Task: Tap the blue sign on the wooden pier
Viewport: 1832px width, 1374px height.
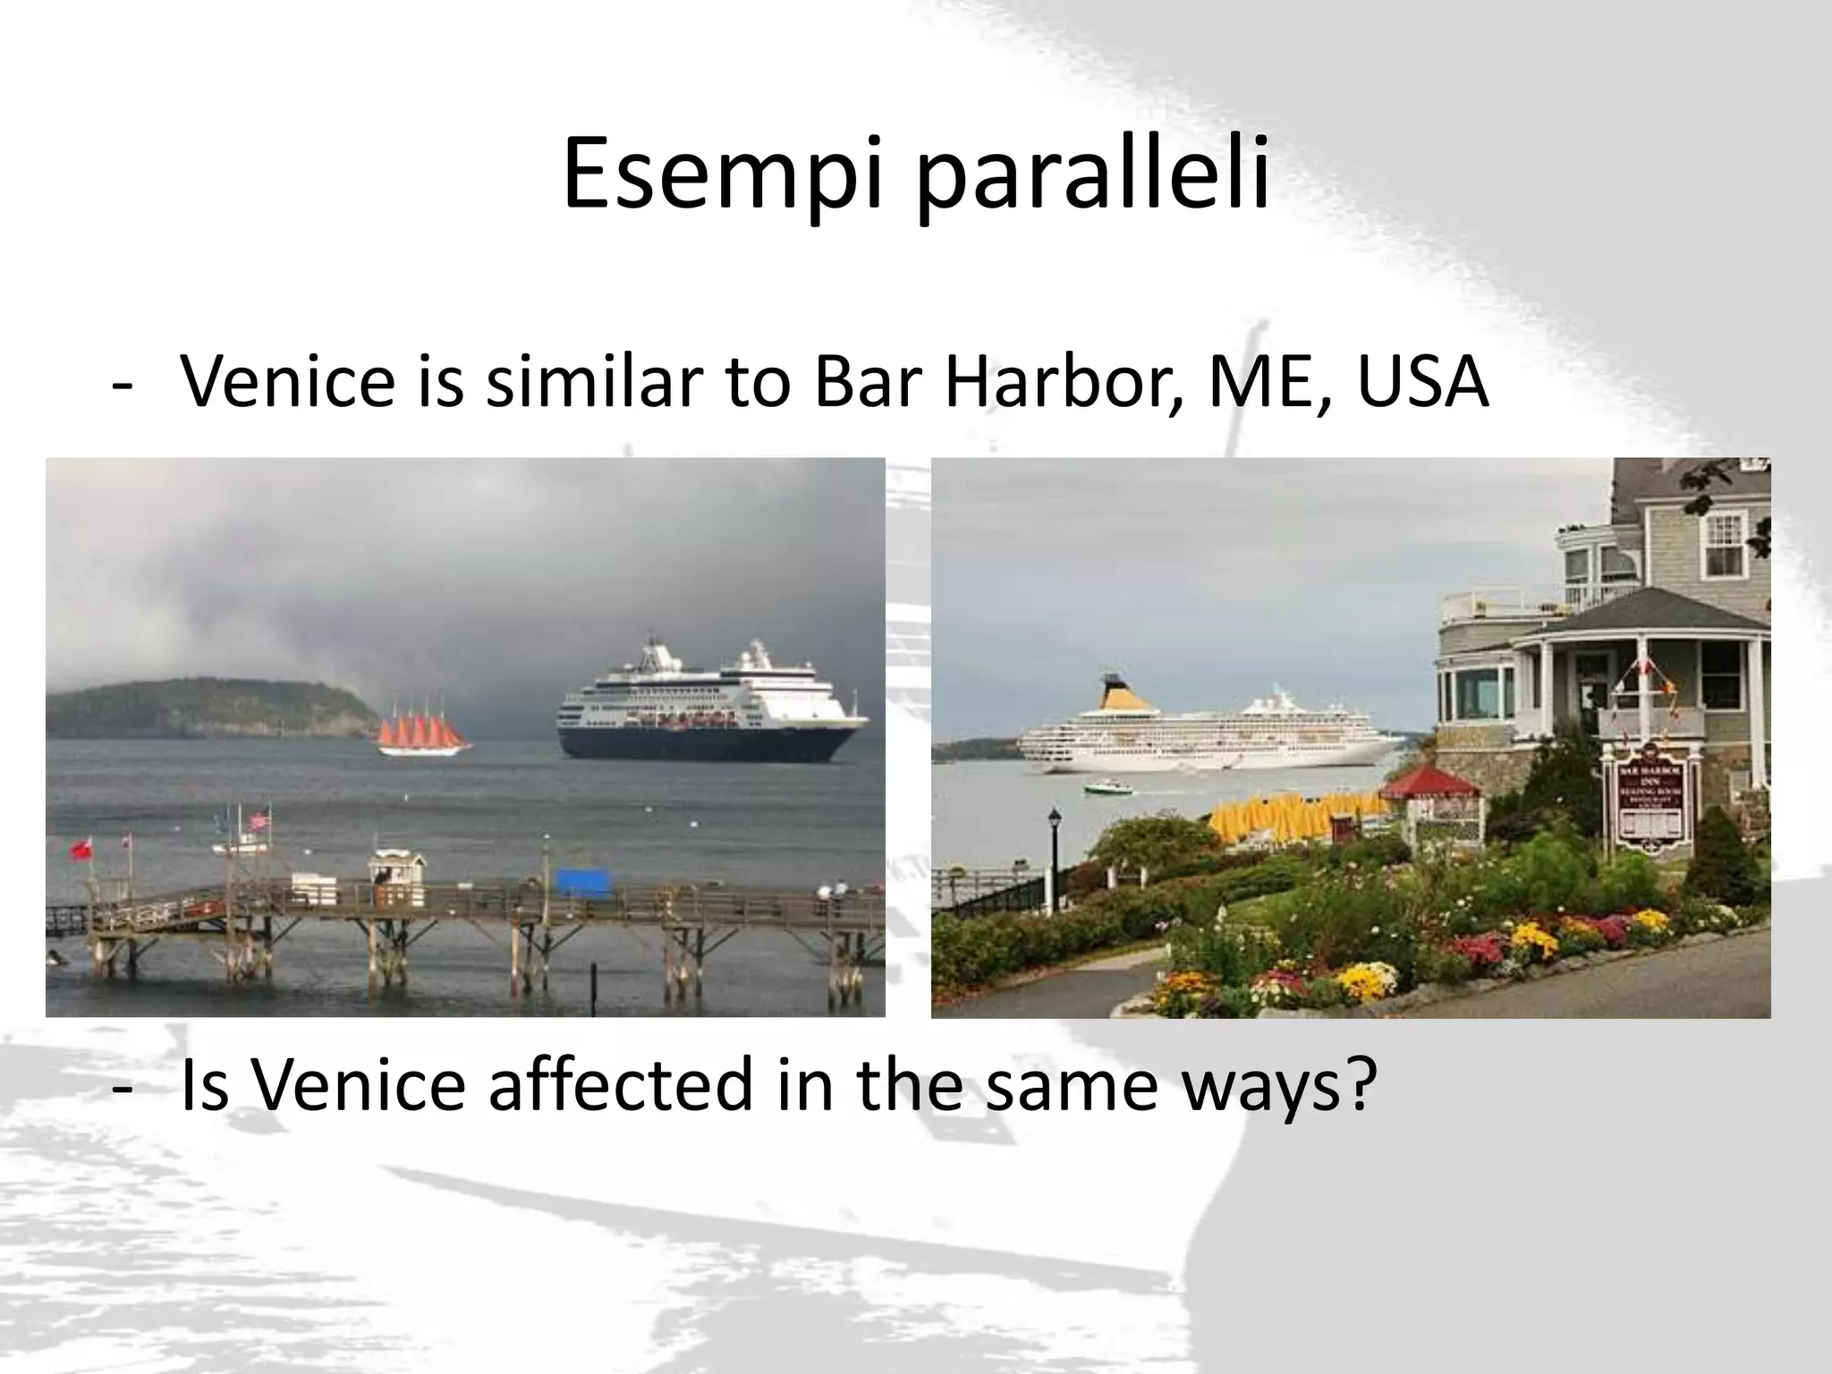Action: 582,882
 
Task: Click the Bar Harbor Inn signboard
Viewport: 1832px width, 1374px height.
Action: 1650,801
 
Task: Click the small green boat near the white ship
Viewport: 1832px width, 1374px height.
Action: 1107,788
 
